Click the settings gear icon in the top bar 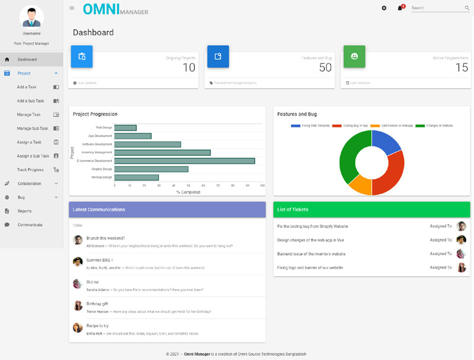click(x=384, y=8)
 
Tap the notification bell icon click(x=400, y=8)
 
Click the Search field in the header click(x=436, y=8)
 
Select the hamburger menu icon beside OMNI click(x=72, y=8)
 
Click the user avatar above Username click(x=31, y=17)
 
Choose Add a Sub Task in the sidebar click(x=31, y=101)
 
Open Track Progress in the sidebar click(x=30, y=170)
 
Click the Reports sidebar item click(x=25, y=211)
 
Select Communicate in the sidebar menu click(x=30, y=225)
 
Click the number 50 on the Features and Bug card click(x=325, y=68)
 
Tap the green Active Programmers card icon click(x=354, y=56)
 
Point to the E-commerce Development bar click(x=184, y=161)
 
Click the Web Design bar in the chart click(x=125, y=128)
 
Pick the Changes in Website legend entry click(x=437, y=126)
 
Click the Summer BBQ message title click(x=99, y=260)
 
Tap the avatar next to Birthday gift click(x=78, y=305)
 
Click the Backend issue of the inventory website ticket click(x=311, y=254)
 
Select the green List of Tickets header click(x=371, y=209)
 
